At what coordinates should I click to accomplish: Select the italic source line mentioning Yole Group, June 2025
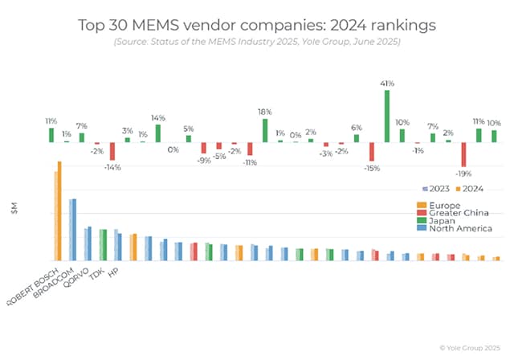[257, 41]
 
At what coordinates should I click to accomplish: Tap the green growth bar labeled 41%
[386, 116]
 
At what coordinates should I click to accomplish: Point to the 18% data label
[264, 112]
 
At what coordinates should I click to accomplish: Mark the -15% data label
[371, 168]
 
